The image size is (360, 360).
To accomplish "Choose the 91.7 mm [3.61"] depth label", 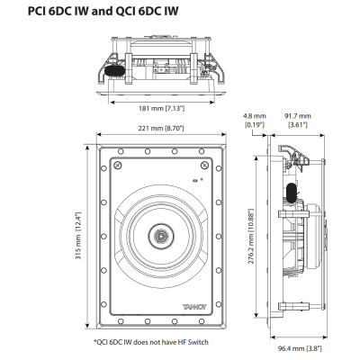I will [297, 121].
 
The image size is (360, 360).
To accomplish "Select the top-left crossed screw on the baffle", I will [118, 165].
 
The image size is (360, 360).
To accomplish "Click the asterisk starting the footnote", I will [95, 341].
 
